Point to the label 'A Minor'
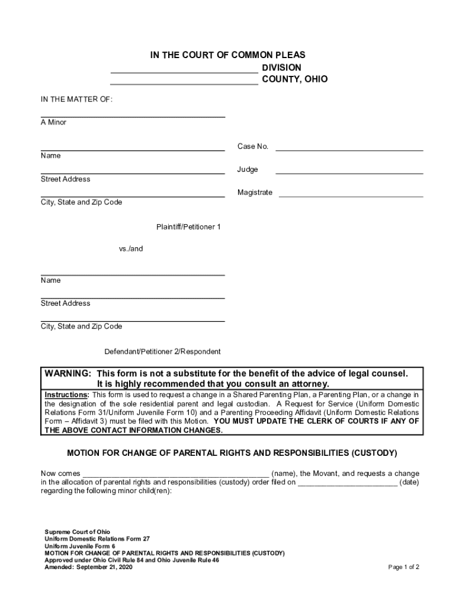click(x=53, y=123)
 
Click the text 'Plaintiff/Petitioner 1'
click(x=188, y=227)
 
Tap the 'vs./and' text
click(x=131, y=249)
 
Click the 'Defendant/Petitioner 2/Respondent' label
click(x=162, y=352)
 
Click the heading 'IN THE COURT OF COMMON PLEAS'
click(x=227, y=55)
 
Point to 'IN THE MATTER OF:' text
click(x=76, y=99)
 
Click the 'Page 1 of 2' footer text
click(x=403, y=567)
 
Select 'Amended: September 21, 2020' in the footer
click(x=88, y=567)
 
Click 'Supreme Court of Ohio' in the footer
click(x=77, y=532)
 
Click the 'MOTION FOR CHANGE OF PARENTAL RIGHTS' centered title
click(x=232, y=453)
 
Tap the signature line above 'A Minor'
click(x=133, y=116)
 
